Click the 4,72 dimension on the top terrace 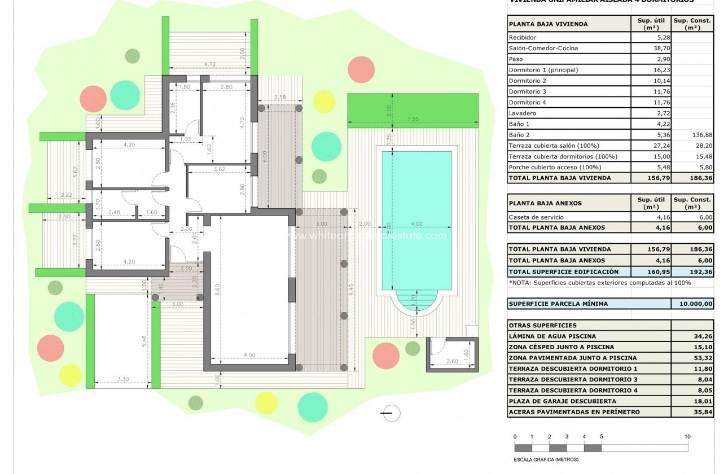click(210, 64)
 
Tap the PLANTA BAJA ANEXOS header click(545, 203)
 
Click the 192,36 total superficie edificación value click(692, 271)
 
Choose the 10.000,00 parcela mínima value click(692, 304)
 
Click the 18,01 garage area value click(692, 401)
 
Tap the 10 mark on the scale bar click(687, 437)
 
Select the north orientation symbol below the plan click(391, 414)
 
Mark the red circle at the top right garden click(361, 70)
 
